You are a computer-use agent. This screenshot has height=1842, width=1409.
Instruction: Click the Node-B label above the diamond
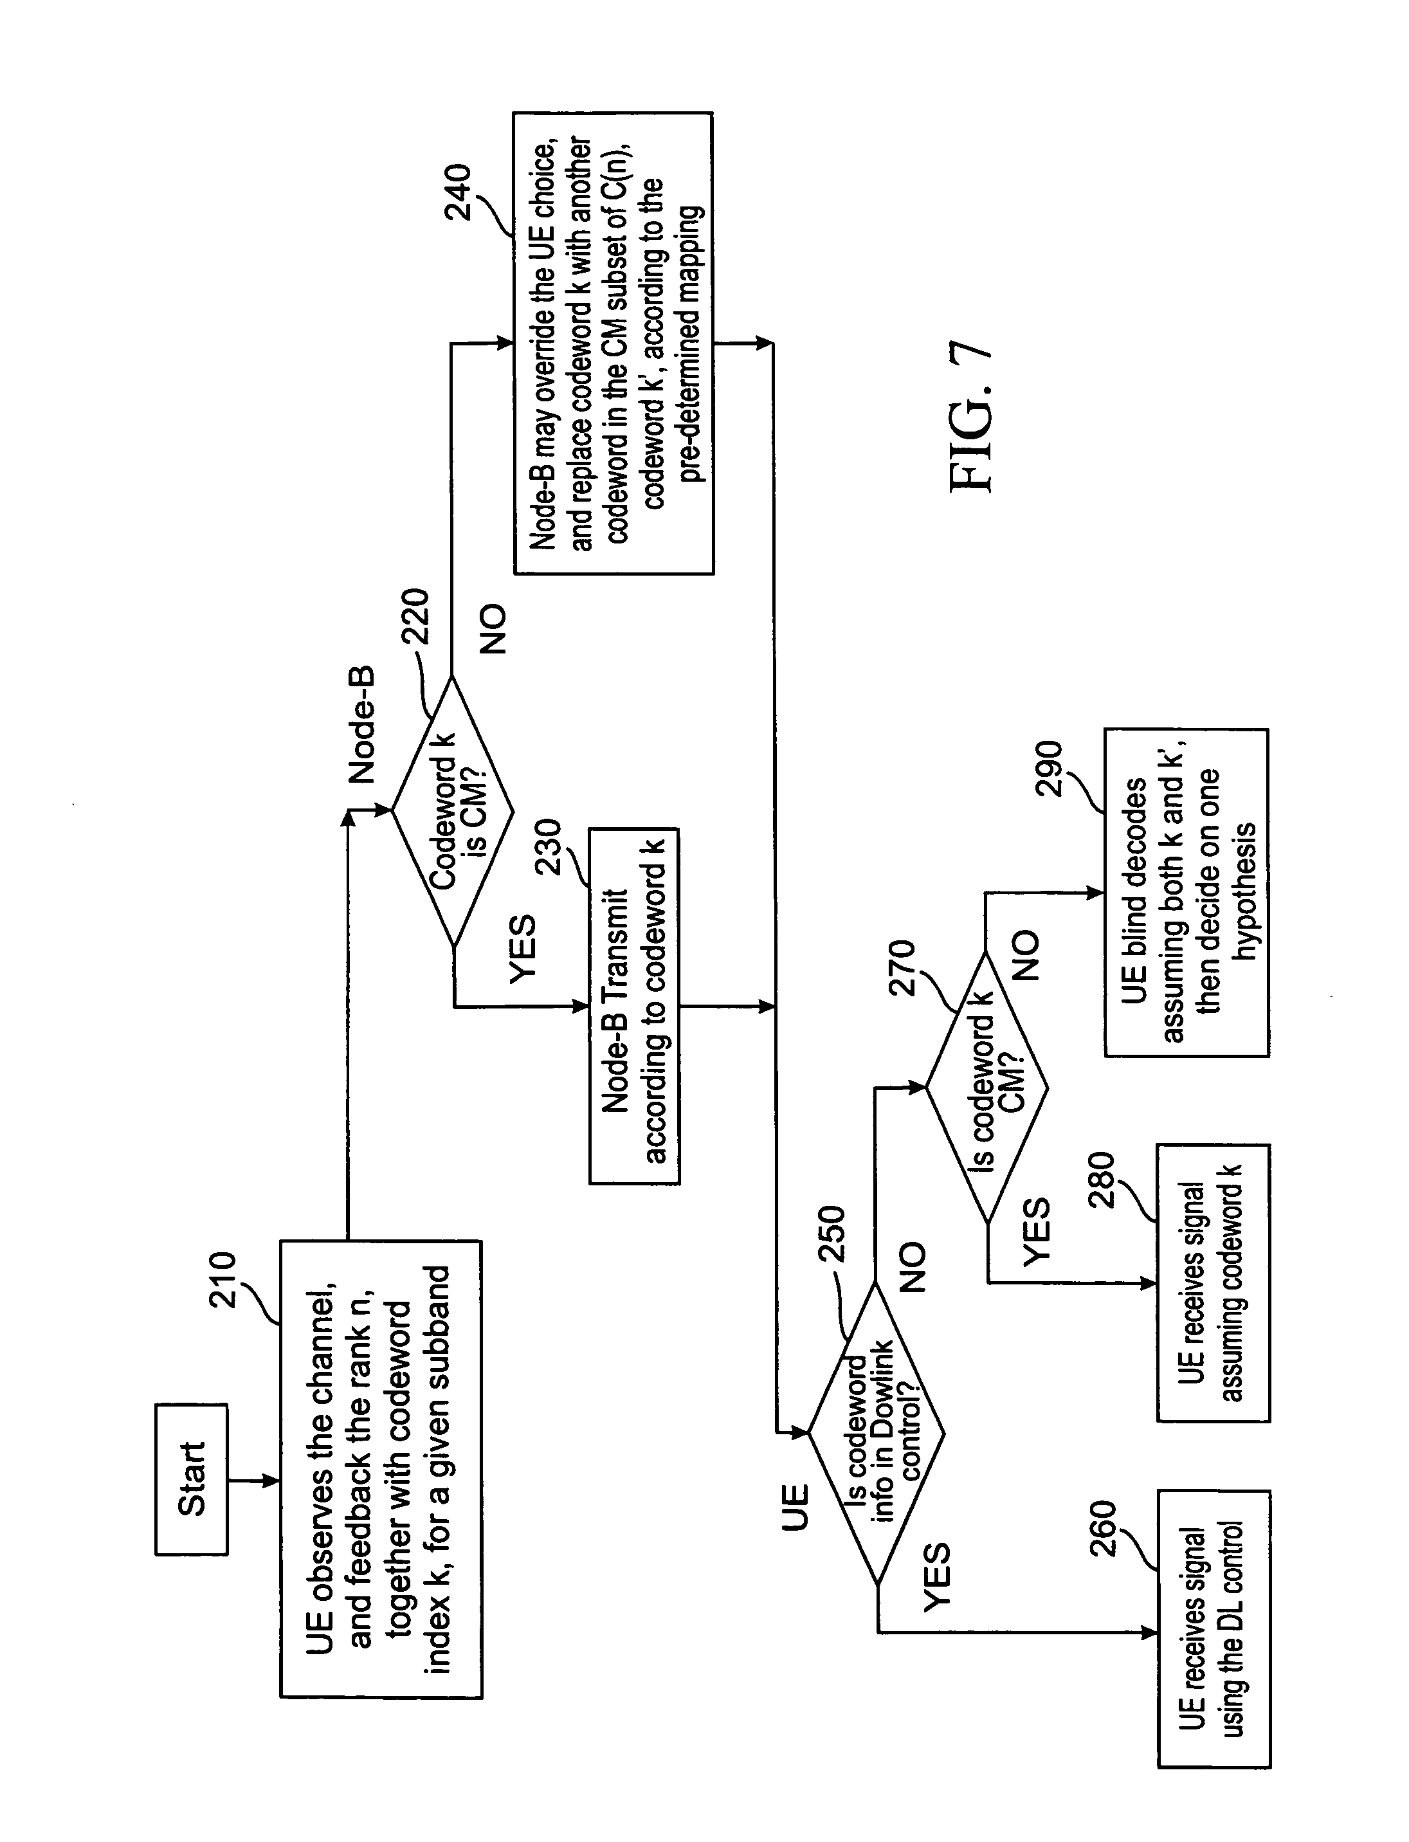pyautogui.click(x=362, y=726)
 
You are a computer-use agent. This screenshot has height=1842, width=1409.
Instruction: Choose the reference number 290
pyautogui.click(x=1050, y=767)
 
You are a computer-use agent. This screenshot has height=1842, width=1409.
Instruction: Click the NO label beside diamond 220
pyautogui.click(x=493, y=629)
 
